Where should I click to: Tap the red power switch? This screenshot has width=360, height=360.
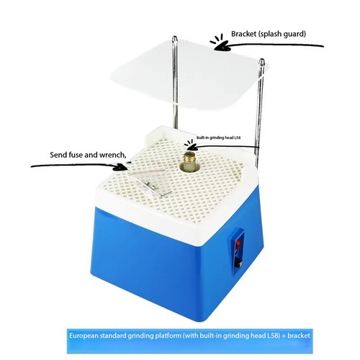(x=238, y=245)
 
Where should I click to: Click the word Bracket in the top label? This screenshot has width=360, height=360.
(x=243, y=34)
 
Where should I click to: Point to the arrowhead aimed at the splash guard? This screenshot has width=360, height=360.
(x=222, y=46)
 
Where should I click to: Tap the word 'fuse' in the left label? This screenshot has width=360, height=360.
(x=76, y=155)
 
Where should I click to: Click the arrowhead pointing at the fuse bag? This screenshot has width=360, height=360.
(x=120, y=166)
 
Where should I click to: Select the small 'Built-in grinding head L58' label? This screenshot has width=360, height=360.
(x=218, y=138)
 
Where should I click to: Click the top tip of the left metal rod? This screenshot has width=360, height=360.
(x=175, y=37)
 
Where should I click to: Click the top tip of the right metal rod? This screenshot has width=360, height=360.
(x=262, y=59)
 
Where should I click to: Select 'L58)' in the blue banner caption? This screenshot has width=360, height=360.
(x=274, y=336)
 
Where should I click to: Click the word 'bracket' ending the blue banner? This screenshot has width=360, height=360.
(x=299, y=336)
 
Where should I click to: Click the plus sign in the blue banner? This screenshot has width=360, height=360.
(x=284, y=336)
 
